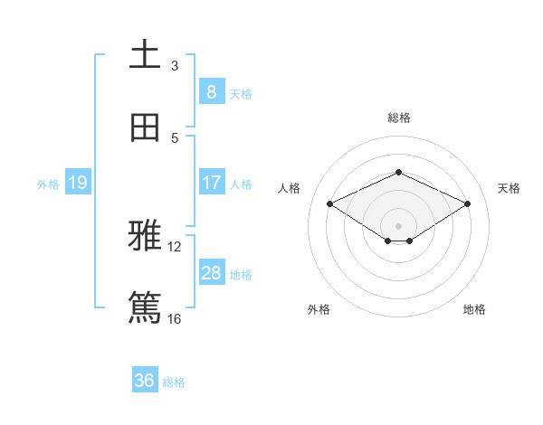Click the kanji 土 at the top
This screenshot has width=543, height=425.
click(145, 56)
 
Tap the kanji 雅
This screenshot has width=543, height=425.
click(145, 238)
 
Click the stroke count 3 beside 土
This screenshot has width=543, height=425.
click(175, 65)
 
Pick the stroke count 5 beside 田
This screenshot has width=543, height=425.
click(175, 137)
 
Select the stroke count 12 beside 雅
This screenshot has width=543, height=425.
click(175, 247)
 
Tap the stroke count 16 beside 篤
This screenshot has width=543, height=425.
click(175, 318)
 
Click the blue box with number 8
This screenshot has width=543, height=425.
click(211, 91)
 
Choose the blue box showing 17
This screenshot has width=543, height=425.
click(211, 183)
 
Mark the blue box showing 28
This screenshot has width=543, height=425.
click(211, 273)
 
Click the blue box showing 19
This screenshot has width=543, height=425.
click(77, 183)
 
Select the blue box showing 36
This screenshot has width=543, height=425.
click(145, 381)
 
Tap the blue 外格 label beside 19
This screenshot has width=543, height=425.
click(48, 184)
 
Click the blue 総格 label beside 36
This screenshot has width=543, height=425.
click(174, 382)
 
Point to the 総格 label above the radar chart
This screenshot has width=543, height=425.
click(399, 118)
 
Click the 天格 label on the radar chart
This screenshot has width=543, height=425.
click(509, 188)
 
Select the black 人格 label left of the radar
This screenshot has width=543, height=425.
click(290, 188)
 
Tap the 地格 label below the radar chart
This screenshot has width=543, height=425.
click(474, 309)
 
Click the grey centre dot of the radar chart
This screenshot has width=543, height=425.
click(399, 225)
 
